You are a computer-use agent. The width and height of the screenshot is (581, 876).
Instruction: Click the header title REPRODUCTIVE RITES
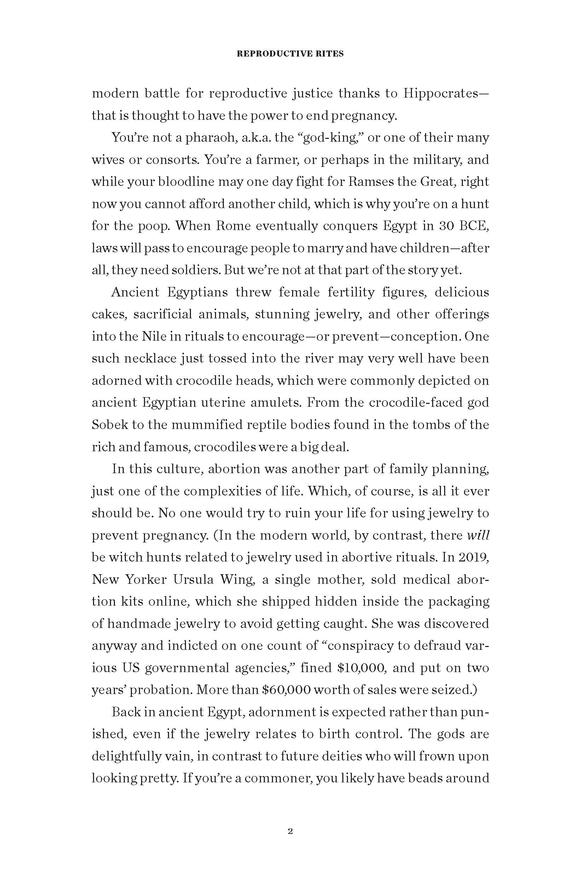coord(290,54)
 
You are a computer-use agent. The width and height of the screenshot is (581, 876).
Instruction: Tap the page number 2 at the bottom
coord(290,831)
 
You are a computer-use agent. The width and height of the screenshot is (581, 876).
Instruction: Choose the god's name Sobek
coord(108,425)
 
